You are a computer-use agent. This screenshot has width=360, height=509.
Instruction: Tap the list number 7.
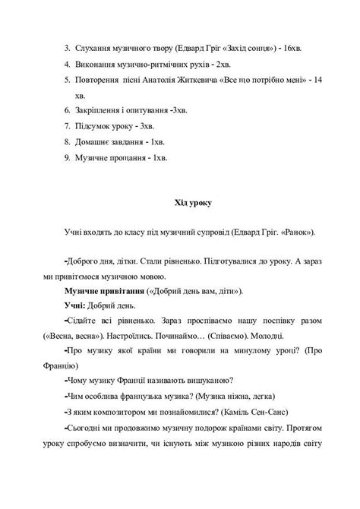(x=67, y=126)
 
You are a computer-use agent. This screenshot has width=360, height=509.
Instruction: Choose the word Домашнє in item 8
(x=95, y=142)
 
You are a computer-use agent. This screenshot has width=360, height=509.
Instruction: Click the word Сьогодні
(x=88, y=426)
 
